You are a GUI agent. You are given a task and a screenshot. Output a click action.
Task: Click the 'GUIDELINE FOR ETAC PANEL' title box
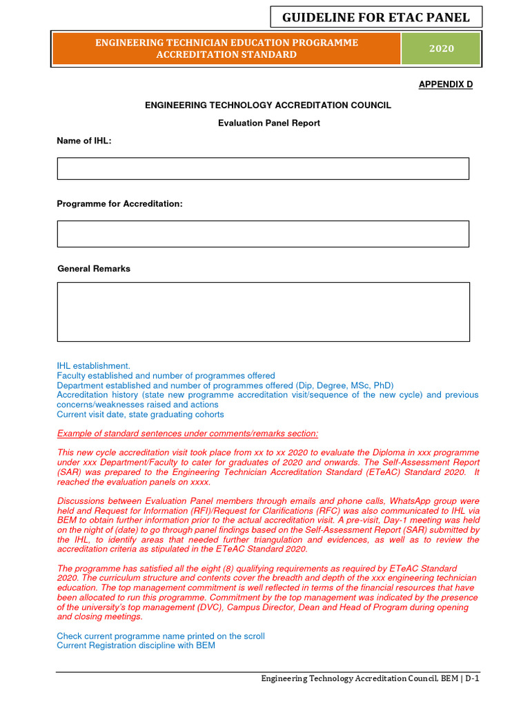375,17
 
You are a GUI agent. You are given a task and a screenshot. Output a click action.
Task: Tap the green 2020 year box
442,48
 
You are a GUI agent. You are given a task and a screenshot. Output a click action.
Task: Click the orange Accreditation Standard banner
226,48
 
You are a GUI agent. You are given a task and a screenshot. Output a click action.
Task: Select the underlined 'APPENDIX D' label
446,84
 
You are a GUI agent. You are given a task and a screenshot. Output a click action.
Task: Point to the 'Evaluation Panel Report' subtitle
268,123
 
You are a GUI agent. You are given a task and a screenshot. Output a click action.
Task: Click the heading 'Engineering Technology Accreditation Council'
268,105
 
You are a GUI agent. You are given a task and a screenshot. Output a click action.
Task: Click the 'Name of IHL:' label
84,141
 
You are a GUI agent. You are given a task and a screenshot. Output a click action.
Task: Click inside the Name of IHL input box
263,168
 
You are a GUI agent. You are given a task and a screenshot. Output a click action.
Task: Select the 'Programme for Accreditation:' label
119,204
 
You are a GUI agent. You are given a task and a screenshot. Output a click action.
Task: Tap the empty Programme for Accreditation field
263,234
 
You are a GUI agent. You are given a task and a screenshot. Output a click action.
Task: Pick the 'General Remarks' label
93,268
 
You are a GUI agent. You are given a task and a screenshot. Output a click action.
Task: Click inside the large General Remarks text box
263,312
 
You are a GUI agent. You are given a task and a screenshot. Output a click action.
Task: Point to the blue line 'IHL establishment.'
93,365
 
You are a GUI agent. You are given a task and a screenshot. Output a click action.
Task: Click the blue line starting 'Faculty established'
166,376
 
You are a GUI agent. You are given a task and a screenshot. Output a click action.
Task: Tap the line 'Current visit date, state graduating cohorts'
140,414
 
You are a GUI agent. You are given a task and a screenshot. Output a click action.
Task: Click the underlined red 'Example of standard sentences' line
188,433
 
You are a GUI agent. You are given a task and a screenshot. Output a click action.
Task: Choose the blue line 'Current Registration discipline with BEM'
136,645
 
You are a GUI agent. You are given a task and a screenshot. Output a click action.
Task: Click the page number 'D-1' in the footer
472,678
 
